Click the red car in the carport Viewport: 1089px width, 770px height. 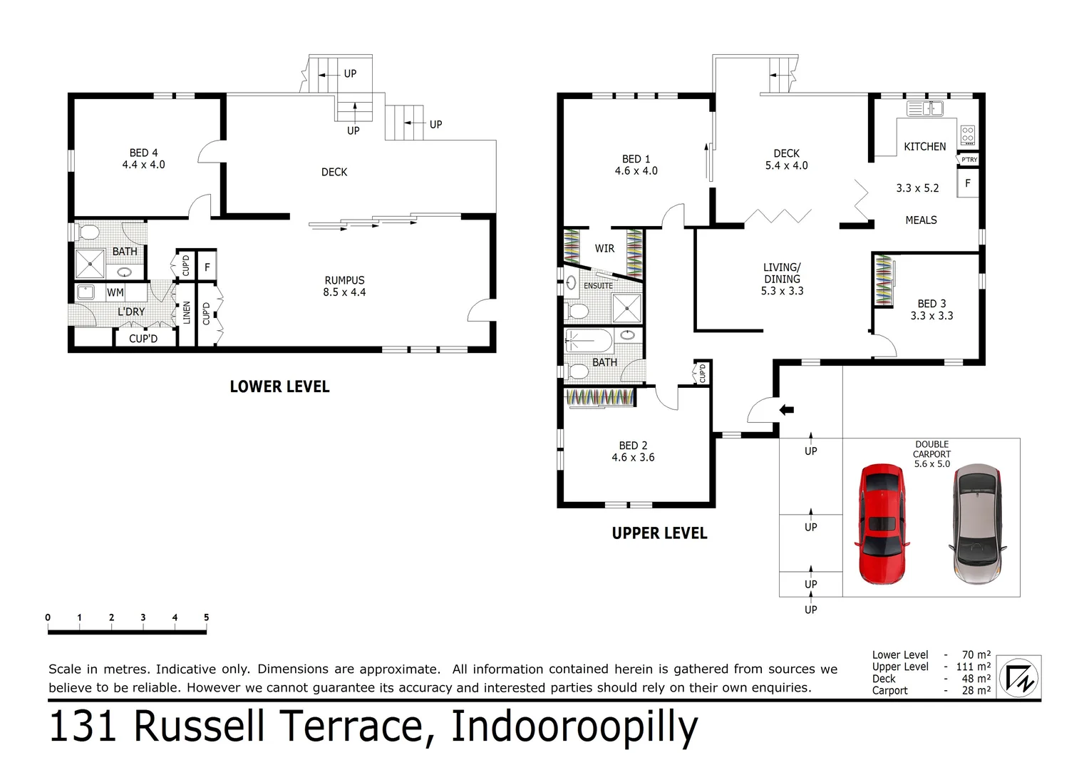pos(882,524)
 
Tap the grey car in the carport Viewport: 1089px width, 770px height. pos(976,524)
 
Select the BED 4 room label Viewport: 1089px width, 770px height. pos(143,158)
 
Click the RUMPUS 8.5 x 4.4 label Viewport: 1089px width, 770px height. pos(344,286)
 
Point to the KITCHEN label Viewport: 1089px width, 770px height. pos(924,147)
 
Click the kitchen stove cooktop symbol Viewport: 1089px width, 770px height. pos(967,135)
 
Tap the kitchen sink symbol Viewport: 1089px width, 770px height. pos(924,108)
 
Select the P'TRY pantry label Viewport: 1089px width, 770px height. pos(969,160)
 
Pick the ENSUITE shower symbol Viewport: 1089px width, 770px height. pos(627,309)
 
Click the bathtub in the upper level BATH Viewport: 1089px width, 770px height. pos(589,342)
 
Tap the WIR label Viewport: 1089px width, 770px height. pos(604,249)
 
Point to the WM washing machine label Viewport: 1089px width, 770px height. pos(115,292)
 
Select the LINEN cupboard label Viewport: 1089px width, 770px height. pos(187,313)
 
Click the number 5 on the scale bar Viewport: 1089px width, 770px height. pos(206,617)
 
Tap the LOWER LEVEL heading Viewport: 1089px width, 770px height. pos(279,387)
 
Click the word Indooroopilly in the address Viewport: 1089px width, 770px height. pos(574,727)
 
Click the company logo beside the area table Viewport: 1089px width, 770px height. pos(1018,677)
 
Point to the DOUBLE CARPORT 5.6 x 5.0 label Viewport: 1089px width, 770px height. pos(931,454)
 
